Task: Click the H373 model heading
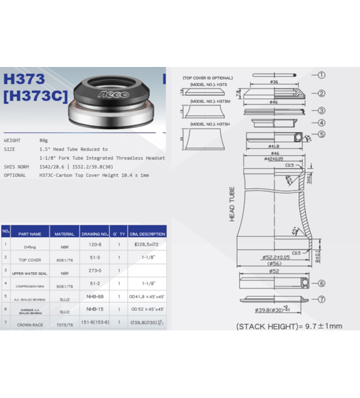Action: [x=24, y=79]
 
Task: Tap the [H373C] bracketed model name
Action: [x=34, y=97]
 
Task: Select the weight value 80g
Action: [x=44, y=140]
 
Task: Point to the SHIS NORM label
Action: [x=16, y=167]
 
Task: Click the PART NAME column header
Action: [x=30, y=234]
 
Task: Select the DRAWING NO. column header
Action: [x=94, y=234]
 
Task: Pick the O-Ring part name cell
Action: [x=30, y=247]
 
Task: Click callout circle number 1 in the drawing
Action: [x=321, y=75]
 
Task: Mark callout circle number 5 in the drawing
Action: [x=321, y=134]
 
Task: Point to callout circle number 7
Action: [x=321, y=299]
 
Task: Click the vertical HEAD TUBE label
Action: [x=232, y=204]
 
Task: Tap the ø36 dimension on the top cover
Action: [x=274, y=82]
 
